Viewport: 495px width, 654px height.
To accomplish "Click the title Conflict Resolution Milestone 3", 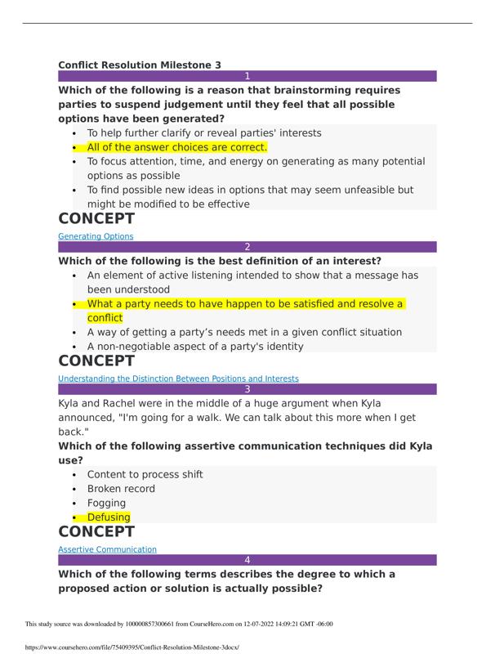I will pyautogui.click(x=140, y=65).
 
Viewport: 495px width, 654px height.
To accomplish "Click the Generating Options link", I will pyautogui.click(x=96, y=236).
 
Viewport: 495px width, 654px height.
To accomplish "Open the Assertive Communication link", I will pyautogui.click(x=107, y=549).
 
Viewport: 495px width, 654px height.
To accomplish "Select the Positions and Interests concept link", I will pyautogui.click(x=178, y=379).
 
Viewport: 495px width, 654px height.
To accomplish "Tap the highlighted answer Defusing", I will pyautogui.click(x=109, y=517).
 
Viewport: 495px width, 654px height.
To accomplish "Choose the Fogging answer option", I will pyautogui.click(x=106, y=503).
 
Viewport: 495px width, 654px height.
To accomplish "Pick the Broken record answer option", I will pyautogui.click(x=121, y=489).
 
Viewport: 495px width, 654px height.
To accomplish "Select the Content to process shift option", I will pyautogui.click(x=145, y=474).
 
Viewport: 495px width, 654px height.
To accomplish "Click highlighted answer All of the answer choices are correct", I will pyautogui.click(x=177, y=147).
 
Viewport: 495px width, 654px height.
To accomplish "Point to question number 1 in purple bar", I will pyautogui.click(x=247, y=76).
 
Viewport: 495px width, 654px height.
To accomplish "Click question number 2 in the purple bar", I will pyautogui.click(x=247, y=247).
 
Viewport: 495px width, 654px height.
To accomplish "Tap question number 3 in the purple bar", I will pyautogui.click(x=247, y=389).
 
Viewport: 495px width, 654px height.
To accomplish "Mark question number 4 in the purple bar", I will pyautogui.click(x=247, y=560).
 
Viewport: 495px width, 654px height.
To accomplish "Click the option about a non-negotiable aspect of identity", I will pyautogui.click(x=195, y=346).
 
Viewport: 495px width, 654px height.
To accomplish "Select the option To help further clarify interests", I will pyautogui.click(x=204, y=132).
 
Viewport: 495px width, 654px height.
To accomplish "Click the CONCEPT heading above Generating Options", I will pyautogui.click(x=96, y=219).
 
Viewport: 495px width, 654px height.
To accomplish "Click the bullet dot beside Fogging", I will pyautogui.click(x=75, y=504).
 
